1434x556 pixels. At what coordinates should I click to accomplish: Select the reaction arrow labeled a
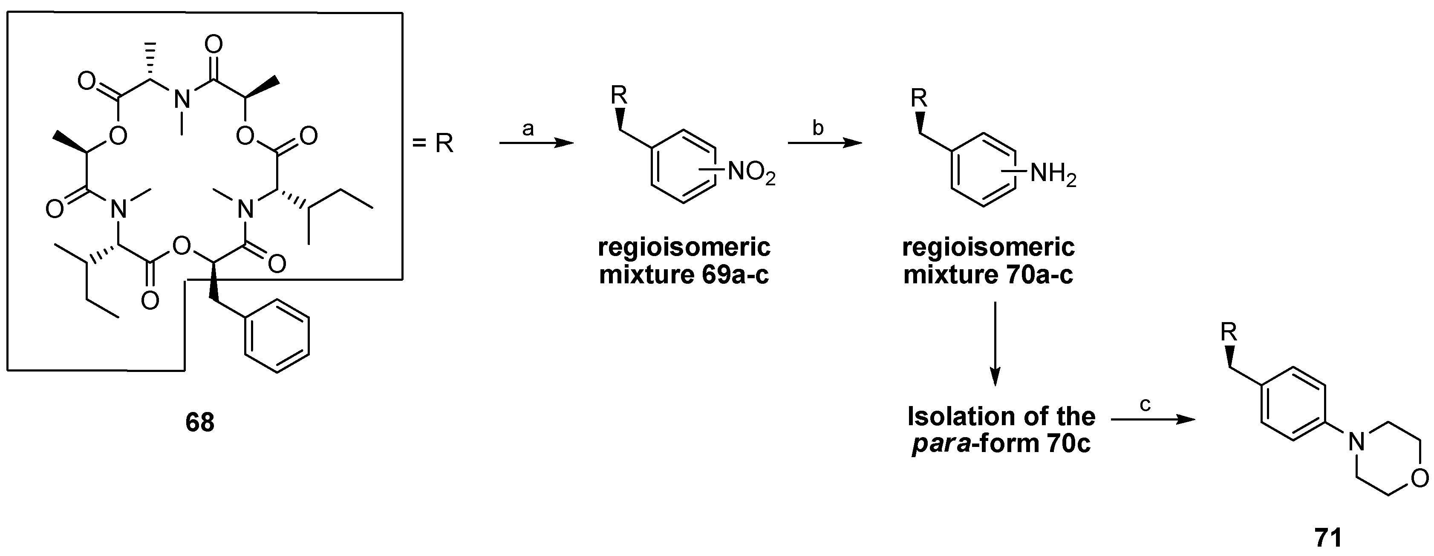pyautogui.click(x=536, y=144)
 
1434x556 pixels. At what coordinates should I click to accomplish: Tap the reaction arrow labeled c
pyautogui.click(x=1153, y=420)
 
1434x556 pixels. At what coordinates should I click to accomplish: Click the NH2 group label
pyautogui.click(x=1053, y=174)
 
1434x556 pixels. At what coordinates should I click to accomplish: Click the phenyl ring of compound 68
pyautogui.click(x=277, y=336)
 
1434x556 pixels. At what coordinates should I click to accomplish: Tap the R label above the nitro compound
pyautogui.click(x=619, y=96)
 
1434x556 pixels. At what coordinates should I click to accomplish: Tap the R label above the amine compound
pyautogui.click(x=919, y=98)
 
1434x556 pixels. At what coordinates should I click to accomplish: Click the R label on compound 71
pyautogui.click(x=1229, y=333)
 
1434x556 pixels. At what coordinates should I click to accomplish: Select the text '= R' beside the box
pyautogui.click(x=433, y=144)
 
